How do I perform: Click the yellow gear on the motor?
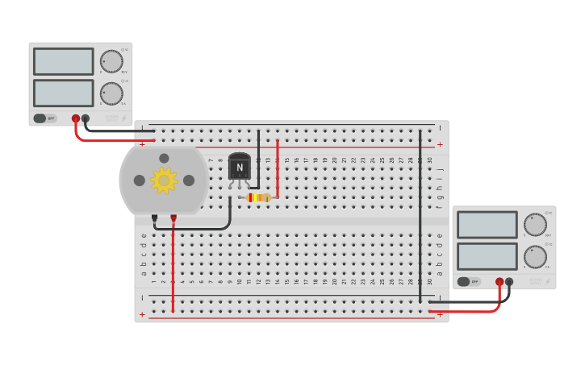164,180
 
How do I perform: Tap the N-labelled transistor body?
240,167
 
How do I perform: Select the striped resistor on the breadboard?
258,197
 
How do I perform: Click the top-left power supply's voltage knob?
111,61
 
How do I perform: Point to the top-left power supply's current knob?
111,93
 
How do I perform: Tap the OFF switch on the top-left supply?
44,118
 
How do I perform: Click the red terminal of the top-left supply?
76,118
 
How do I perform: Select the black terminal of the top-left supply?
86,118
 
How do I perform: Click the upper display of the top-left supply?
64,61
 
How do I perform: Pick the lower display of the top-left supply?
64,93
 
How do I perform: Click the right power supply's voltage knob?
535,224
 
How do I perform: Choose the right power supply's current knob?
535,256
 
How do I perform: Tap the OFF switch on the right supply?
468,282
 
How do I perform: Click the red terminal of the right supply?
499,282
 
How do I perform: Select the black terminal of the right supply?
509,282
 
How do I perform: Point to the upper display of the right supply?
487,225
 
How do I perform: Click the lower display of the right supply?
487,256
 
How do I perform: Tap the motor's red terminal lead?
173,218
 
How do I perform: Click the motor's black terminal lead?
154,218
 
